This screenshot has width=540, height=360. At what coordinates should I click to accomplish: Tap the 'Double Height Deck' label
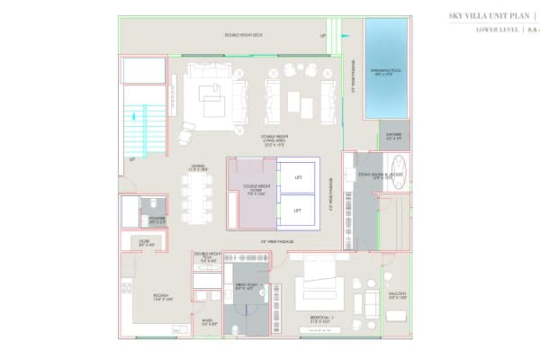coord(243,35)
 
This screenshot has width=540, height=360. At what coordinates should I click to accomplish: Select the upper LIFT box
coord(298,176)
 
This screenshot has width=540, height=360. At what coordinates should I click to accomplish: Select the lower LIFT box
coord(298,210)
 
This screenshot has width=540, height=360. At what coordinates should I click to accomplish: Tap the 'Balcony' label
coord(396,294)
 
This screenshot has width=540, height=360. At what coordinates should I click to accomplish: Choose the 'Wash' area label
coord(207,321)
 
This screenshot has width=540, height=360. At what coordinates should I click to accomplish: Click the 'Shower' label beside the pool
coord(394,138)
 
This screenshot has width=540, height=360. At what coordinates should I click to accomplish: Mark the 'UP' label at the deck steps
coord(323,36)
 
